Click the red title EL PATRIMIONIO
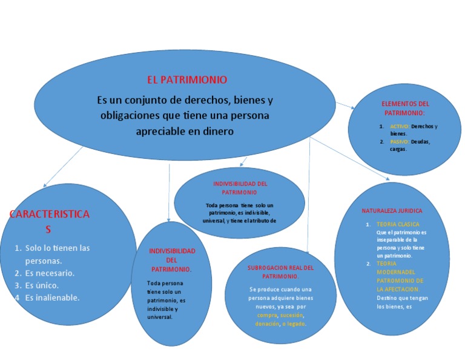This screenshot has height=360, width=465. pos(187,79)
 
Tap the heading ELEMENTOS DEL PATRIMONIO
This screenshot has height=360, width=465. pos(405,108)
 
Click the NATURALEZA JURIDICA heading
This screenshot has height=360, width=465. pos(392,211)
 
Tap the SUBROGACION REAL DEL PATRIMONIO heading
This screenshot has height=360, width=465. pos(281,272)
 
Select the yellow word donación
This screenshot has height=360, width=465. pos(267,324)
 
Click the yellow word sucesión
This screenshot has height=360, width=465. pos(291,315)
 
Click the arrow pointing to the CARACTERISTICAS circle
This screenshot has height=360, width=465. pos(45,183)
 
